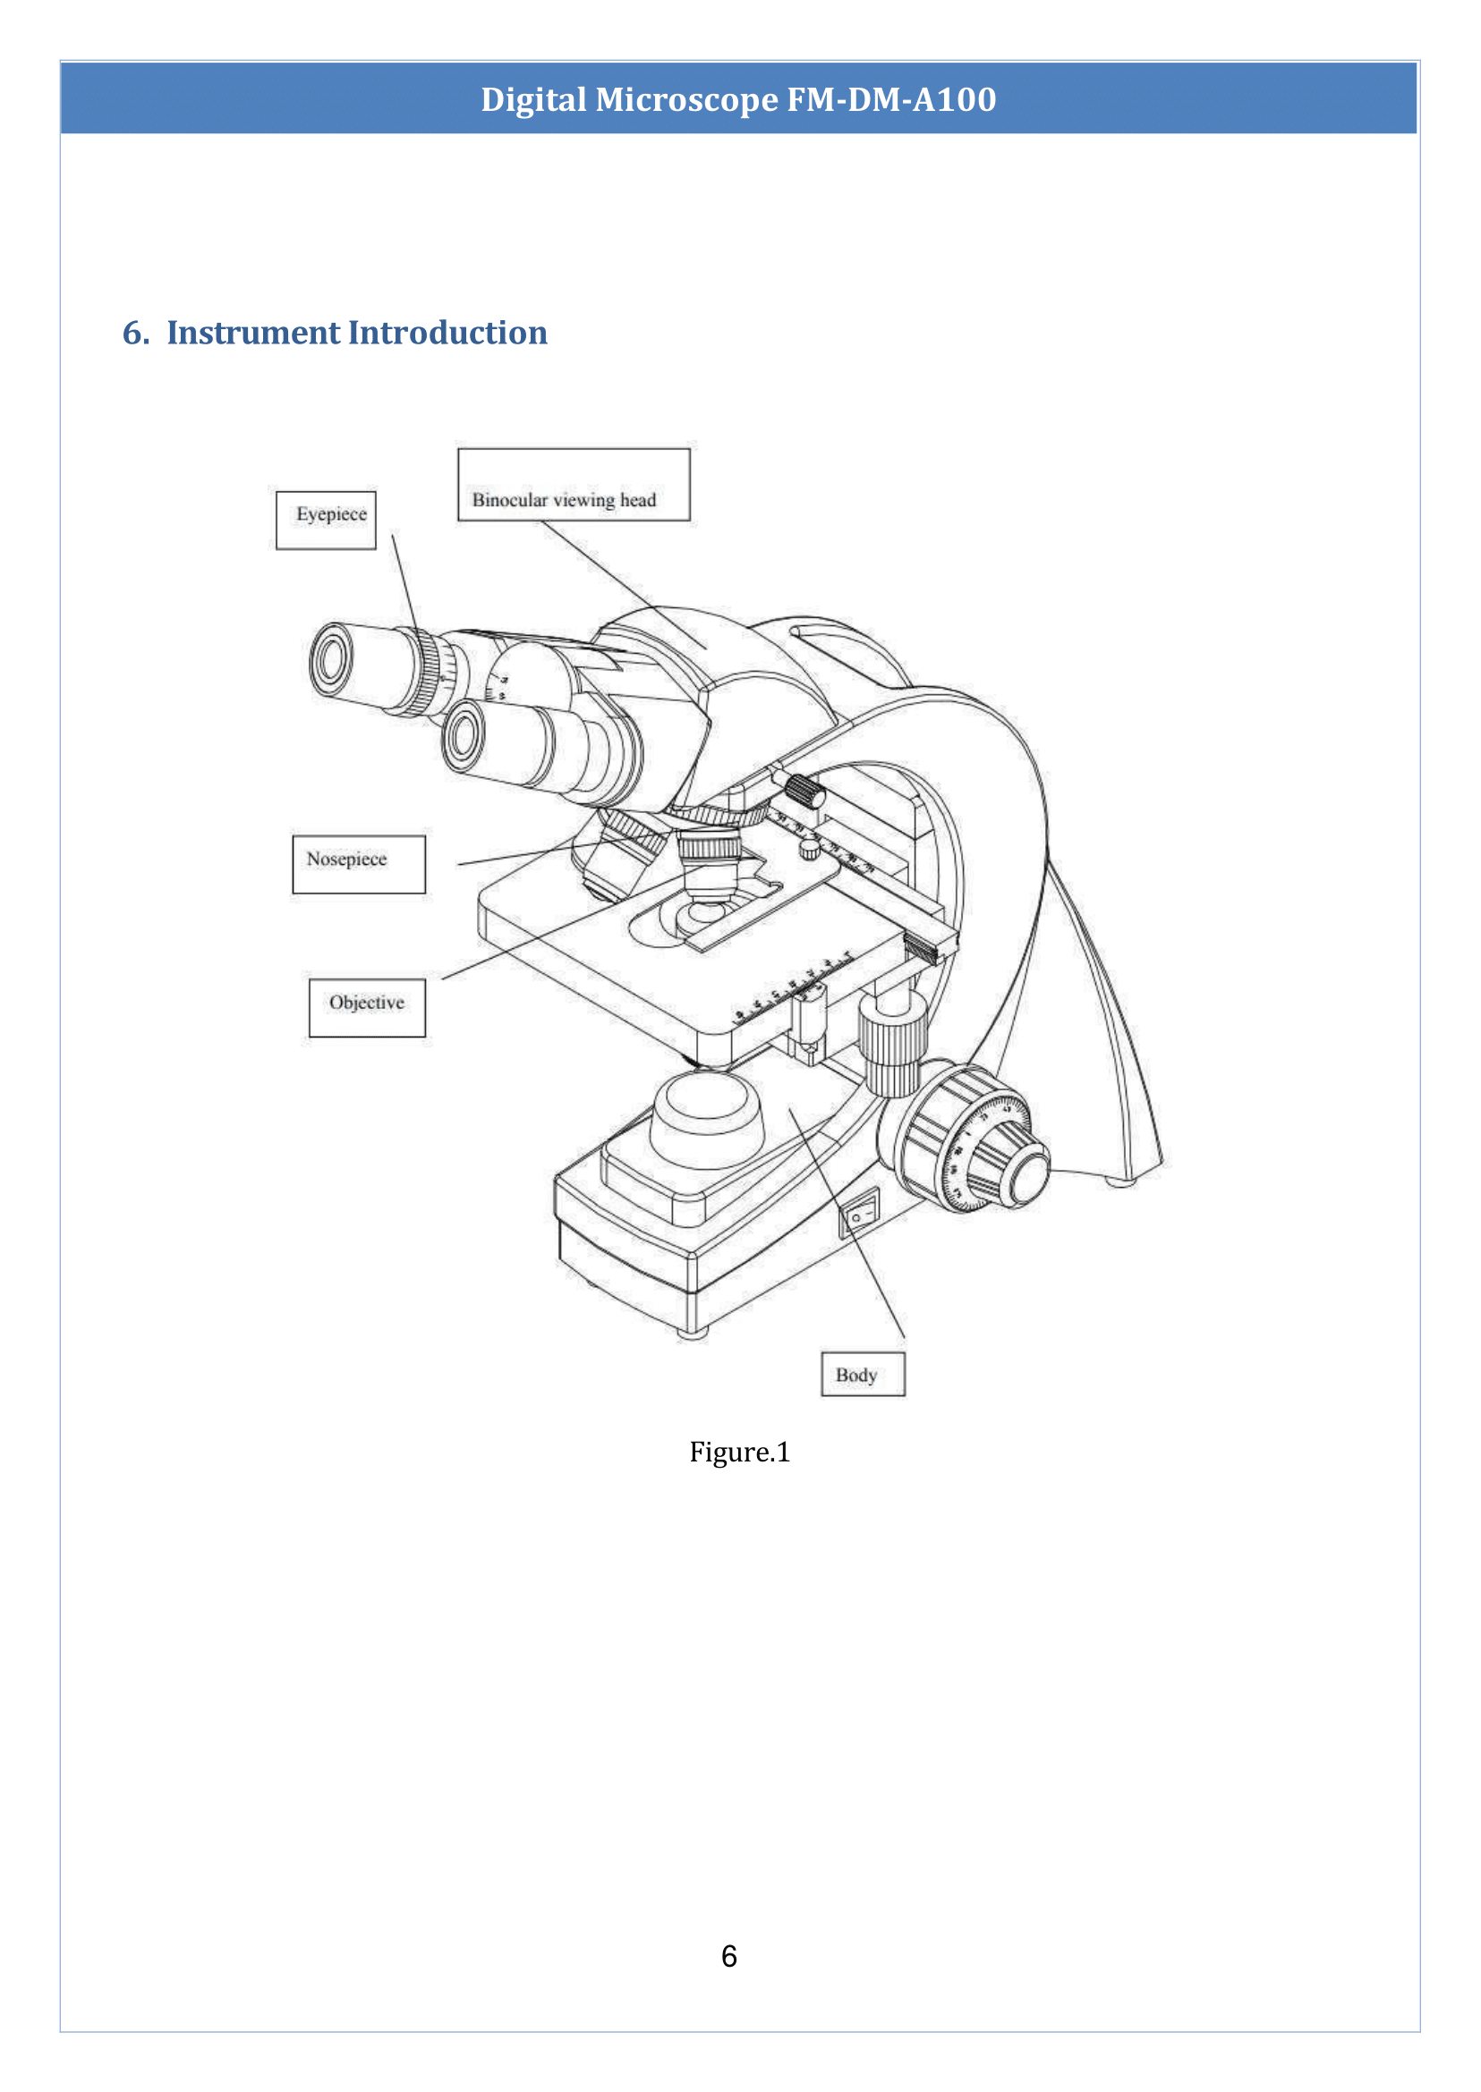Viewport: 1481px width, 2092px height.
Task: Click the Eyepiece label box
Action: click(x=326, y=520)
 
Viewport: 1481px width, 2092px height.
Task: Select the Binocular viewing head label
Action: click(x=573, y=485)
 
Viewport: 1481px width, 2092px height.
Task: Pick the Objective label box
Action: click(x=367, y=1007)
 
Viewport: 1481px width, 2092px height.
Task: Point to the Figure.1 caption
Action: click(x=738, y=1452)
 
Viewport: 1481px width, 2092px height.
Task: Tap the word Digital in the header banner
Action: click(x=533, y=99)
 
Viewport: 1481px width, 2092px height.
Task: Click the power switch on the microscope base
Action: click(x=859, y=1215)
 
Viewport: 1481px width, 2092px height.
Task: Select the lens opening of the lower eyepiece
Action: click(x=464, y=734)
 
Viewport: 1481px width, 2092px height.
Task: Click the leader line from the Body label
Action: click(x=848, y=1226)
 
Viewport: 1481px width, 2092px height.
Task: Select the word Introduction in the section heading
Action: click(x=447, y=333)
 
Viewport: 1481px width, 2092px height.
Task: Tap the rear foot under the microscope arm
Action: click(x=1120, y=1182)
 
